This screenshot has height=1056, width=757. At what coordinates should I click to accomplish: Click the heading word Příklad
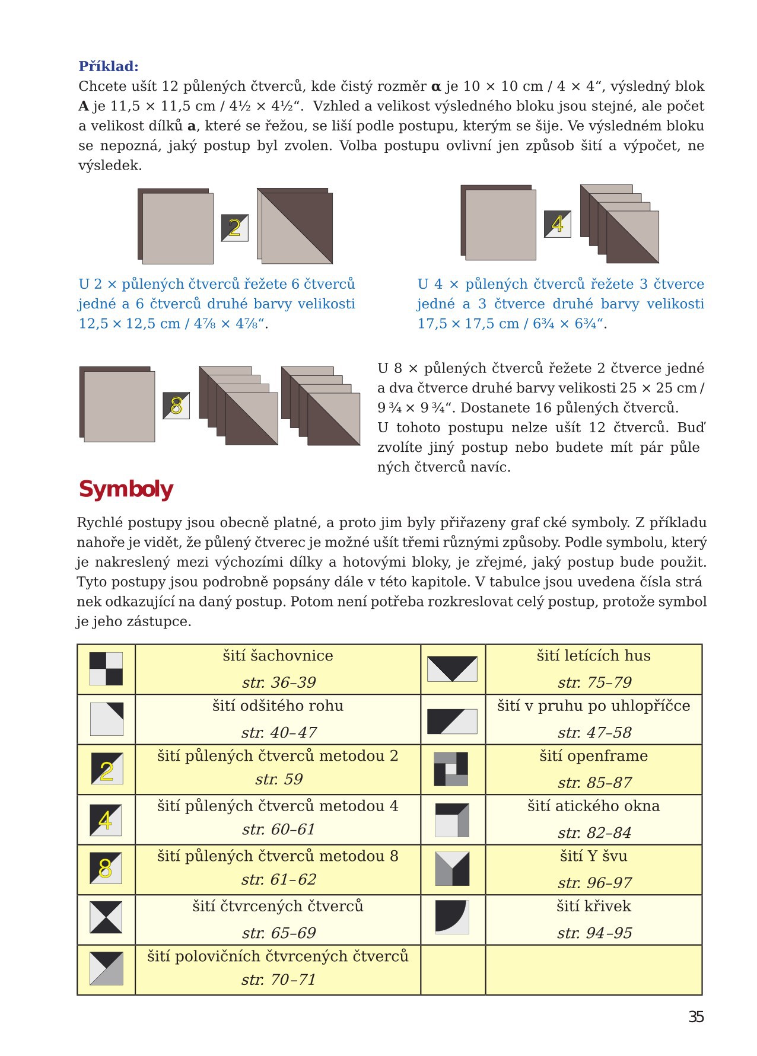pos(109,66)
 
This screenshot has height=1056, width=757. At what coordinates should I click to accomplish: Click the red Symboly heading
pos(126,490)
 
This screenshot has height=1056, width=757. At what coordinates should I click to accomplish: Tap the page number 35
pos(696,1017)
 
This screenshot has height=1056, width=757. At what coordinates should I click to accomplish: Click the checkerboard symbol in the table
pos(106,669)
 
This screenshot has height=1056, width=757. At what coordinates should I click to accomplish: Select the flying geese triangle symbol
pos(452,669)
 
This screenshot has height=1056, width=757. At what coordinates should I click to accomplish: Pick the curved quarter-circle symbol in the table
pos(452,917)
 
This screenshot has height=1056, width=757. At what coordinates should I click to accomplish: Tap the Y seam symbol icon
pos(452,869)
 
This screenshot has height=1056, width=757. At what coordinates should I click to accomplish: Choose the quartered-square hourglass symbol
pos(106,917)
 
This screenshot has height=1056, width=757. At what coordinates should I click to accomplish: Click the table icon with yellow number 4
pos(106,820)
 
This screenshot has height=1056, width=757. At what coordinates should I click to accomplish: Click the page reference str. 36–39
pos(278,682)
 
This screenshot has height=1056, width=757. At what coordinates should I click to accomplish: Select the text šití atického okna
pos(593,806)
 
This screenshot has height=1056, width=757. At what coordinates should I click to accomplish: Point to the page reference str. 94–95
pos(594,933)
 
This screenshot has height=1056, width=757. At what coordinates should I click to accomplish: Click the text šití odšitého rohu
pos(278,706)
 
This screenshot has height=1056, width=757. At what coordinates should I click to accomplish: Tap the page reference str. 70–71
pos(278,980)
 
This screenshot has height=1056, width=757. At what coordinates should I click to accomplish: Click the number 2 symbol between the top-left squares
pos(234,228)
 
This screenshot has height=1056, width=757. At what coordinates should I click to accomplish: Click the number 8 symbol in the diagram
pos(176,406)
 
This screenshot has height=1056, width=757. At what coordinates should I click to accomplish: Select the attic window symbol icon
pos(452,820)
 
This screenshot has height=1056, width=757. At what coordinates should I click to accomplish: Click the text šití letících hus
pos(593,656)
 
